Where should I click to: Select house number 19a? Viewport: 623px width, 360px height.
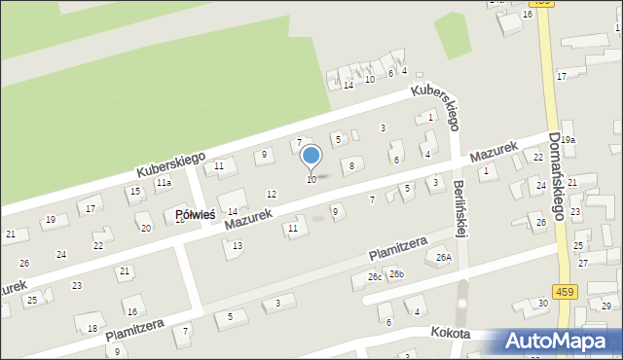pos(568,140)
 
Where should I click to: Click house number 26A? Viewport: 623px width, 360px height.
pos(445,258)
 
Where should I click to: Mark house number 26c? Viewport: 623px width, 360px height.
pos(375,277)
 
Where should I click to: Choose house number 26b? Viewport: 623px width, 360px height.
pos(396,274)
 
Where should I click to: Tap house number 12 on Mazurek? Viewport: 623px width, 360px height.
pos(271,194)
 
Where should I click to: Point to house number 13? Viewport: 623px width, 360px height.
pos(238,245)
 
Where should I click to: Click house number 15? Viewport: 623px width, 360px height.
pos(134,191)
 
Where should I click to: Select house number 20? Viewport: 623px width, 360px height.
pos(146,229)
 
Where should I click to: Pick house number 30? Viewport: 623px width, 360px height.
pos(542,304)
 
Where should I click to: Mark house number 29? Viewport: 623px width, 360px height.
pos(605,306)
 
